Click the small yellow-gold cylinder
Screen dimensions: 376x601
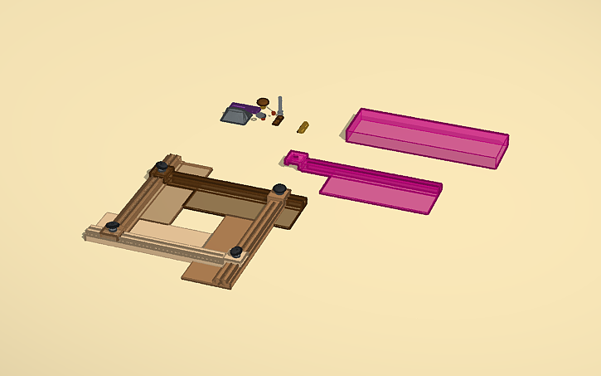point(303,127)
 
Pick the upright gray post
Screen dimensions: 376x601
point(281,105)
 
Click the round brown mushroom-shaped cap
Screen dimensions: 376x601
point(263,102)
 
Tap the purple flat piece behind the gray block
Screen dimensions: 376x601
point(246,107)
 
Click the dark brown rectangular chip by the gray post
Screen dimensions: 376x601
point(278,120)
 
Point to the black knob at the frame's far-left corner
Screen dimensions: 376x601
point(111,227)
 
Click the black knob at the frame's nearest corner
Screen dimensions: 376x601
point(236,251)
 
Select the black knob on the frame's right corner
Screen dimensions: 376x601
point(280,189)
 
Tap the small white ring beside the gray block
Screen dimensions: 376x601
point(252,118)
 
